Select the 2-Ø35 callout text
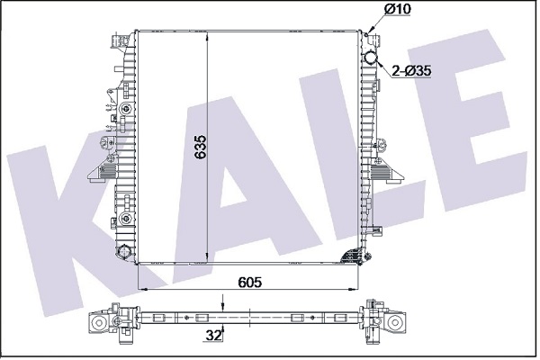pyautogui.click(x=411, y=71)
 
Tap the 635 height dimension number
pyautogui.click(x=201, y=147)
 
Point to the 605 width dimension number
pyautogui.click(x=250, y=282)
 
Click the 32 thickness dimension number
pyautogui.click(x=212, y=336)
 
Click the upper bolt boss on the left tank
pyautogui.click(x=126, y=110)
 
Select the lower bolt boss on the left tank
pyautogui.click(x=126, y=218)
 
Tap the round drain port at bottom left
pyautogui.click(x=123, y=251)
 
